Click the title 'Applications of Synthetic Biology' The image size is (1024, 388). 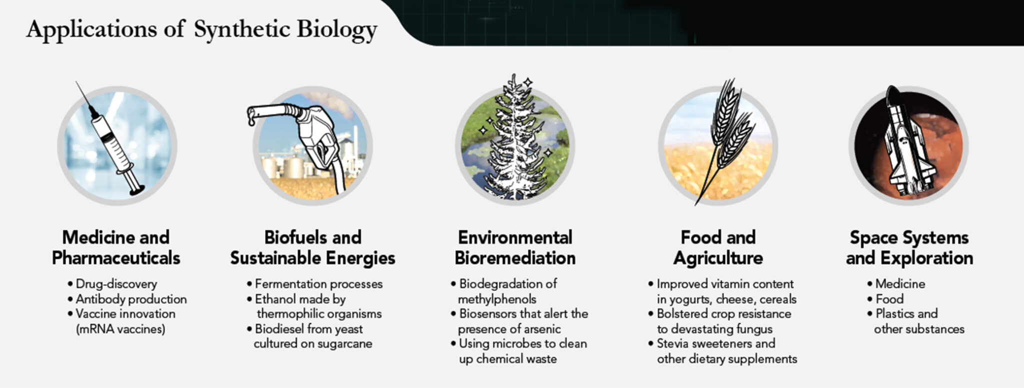pos(201,29)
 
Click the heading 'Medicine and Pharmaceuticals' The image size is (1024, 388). pos(116,248)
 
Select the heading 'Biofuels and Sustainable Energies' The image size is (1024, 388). pos(312,248)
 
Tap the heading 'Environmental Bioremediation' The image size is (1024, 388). pos(515,248)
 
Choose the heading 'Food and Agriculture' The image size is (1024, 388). pos(718,248)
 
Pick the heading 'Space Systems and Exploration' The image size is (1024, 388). pos(909,248)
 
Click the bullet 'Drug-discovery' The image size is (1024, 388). pos(116,284)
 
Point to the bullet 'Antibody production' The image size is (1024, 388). pos(131,299)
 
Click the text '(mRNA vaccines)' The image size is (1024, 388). pos(120,329)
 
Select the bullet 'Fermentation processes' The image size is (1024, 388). pos(318,284)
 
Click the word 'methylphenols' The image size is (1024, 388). pos(497,299)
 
